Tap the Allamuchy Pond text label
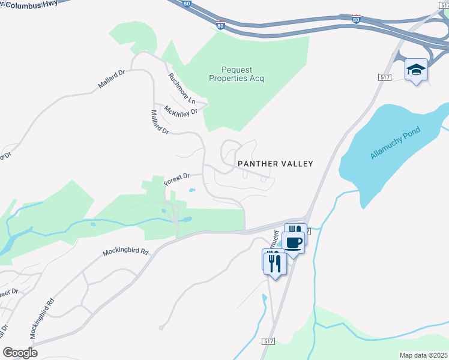point(396,143)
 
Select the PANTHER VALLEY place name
point(276,163)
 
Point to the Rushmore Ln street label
point(182,88)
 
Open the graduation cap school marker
point(415,70)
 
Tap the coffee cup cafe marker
point(294,243)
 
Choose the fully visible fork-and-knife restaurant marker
point(275,263)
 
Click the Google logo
point(20,353)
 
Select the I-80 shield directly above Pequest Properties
point(221,25)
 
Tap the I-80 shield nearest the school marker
point(356,19)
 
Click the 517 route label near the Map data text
point(268,341)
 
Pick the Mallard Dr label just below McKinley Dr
point(160,121)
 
